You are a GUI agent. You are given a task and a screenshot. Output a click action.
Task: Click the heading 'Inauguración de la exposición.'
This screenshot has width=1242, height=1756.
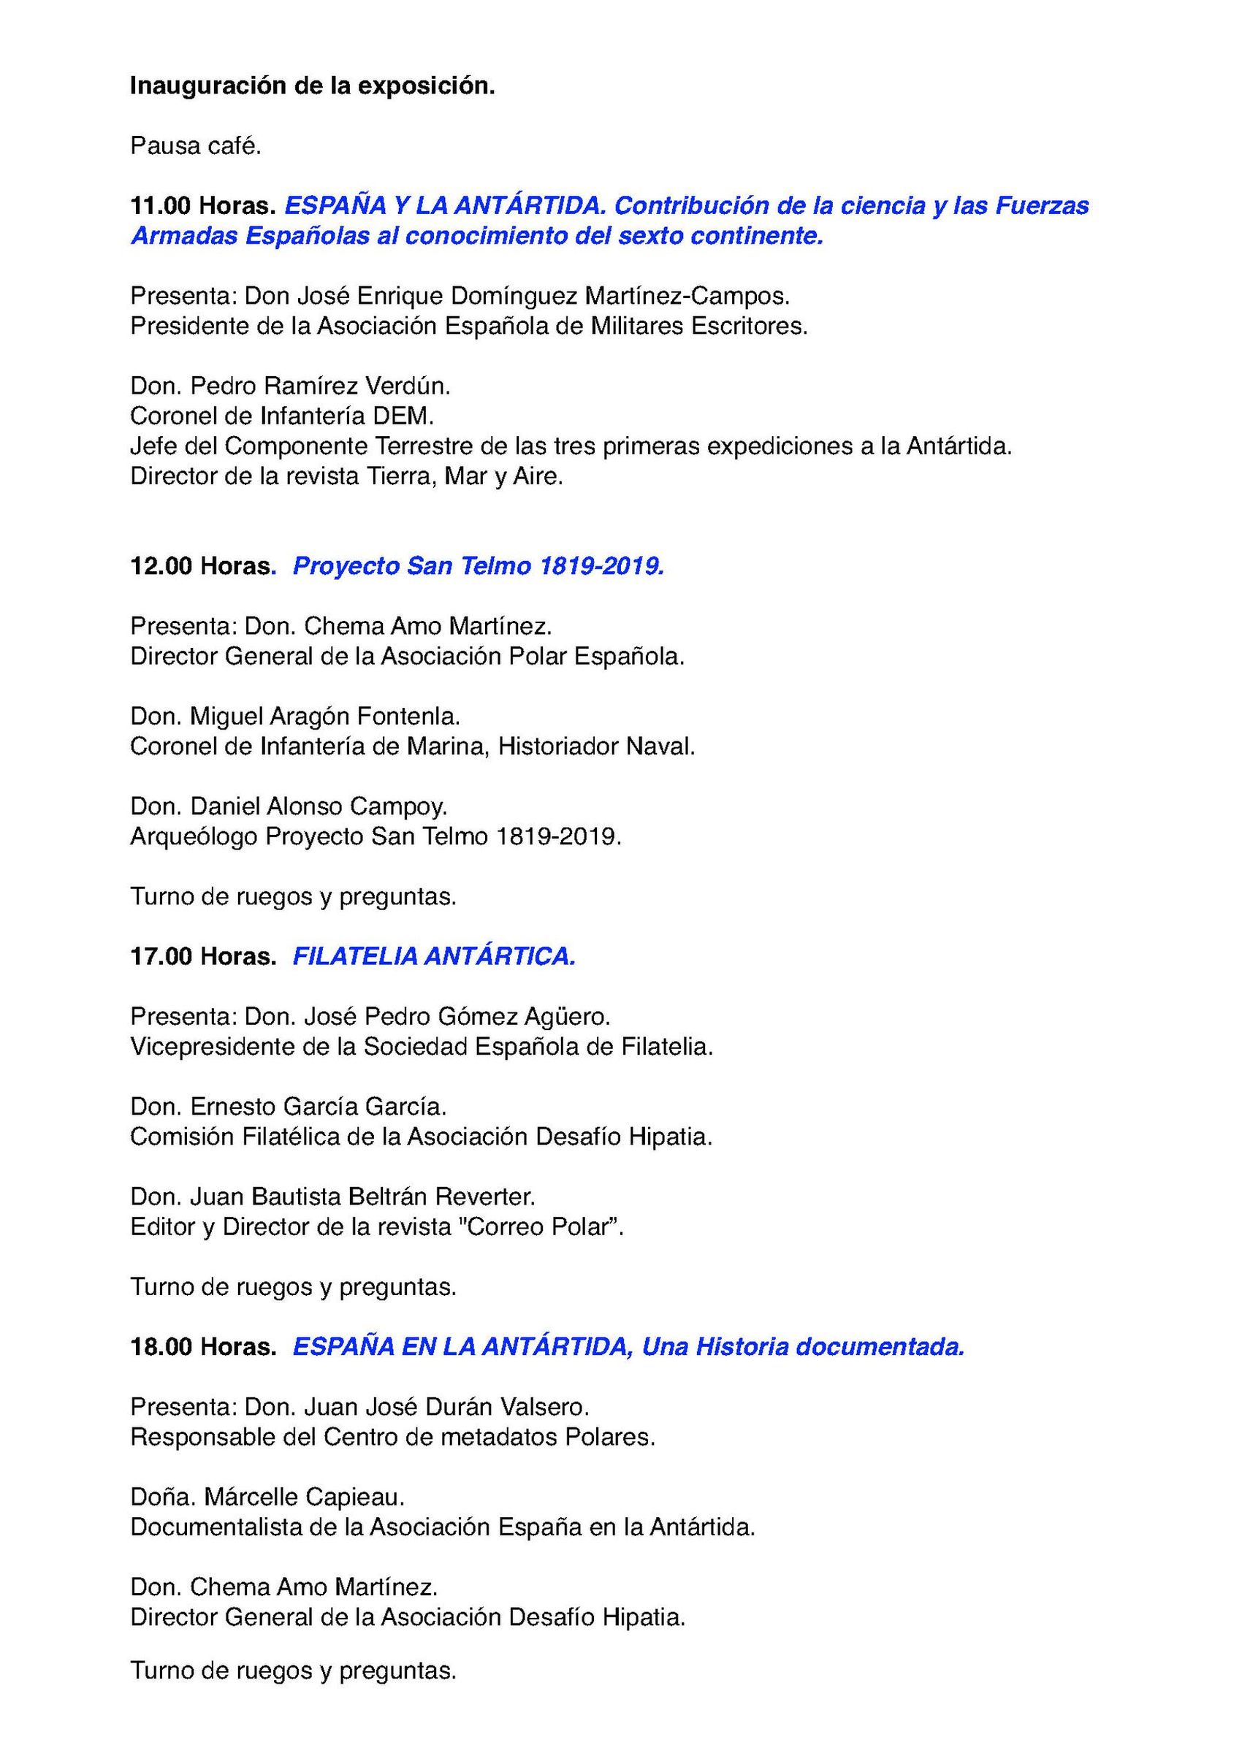(312, 86)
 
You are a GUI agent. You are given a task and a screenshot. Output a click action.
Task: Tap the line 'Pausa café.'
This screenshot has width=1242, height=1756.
(196, 145)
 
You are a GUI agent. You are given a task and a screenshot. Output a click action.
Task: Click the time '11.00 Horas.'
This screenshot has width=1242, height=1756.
(202, 206)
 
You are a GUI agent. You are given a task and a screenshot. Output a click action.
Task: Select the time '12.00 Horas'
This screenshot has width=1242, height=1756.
(201, 566)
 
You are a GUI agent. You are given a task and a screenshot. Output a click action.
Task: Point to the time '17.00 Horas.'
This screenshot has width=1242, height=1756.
(202, 956)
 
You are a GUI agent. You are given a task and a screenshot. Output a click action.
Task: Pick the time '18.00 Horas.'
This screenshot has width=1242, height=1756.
(202, 1346)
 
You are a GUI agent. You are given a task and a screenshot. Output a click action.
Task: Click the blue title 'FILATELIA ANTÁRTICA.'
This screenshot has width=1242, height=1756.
(434, 956)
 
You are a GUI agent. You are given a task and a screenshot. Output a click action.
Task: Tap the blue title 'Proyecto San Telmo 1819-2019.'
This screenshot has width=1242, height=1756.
(479, 566)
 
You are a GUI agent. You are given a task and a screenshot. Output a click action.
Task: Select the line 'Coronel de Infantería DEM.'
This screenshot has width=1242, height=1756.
(282, 416)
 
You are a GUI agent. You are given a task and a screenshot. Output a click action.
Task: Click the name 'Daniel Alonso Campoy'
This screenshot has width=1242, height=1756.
(317, 806)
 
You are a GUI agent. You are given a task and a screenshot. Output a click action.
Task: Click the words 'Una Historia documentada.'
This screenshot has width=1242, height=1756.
(803, 1346)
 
